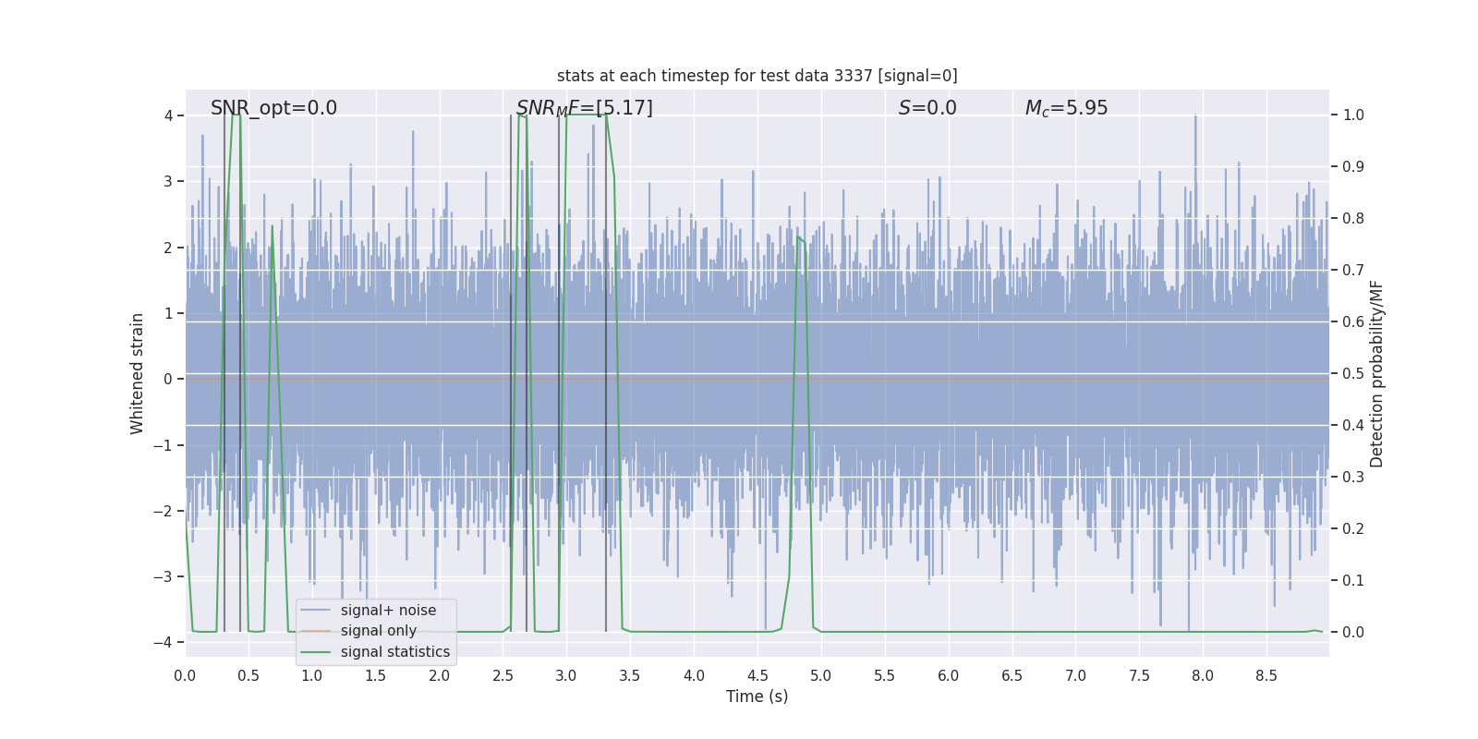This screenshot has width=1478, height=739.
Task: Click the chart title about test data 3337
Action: click(757, 76)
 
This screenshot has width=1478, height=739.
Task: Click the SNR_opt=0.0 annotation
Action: click(273, 108)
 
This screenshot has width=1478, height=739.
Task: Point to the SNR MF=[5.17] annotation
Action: click(584, 108)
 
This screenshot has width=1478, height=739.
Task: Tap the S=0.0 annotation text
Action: click(927, 108)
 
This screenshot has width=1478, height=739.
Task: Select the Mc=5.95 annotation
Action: click(1066, 108)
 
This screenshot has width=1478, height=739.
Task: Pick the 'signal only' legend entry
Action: click(378, 631)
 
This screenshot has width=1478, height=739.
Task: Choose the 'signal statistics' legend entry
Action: click(394, 652)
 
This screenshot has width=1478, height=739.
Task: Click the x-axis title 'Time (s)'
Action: click(757, 697)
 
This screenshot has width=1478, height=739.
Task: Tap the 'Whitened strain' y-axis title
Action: click(138, 373)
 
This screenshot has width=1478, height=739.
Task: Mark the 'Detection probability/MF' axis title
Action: click(1376, 373)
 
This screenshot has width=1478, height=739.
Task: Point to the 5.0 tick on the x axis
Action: click(821, 675)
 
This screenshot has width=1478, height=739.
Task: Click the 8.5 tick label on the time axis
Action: click(1266, 675)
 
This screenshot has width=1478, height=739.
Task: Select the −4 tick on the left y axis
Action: click(167, 643)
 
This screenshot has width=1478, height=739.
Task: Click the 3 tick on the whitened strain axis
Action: click(168, 181)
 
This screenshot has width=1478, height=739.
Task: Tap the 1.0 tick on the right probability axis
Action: click(1353, 115)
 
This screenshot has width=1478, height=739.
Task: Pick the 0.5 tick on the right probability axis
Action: click(1353, 374)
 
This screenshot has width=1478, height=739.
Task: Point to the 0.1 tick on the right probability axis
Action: click(1353, 581)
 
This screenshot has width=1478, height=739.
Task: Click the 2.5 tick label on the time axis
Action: click(503, 675)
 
